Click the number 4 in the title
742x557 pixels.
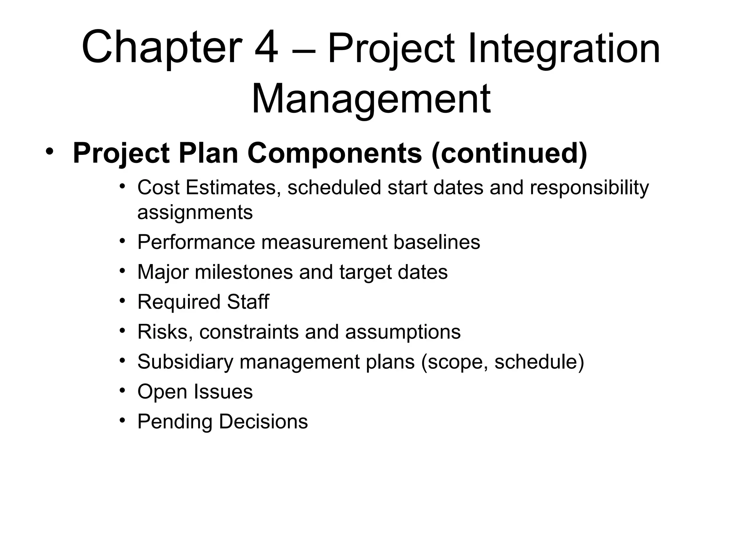click(266, 48)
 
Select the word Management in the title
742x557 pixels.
click(371, 99)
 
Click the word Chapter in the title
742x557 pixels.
click(162, 48)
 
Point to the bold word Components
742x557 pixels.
click(335, 153)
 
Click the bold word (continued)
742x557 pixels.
click(509, 153)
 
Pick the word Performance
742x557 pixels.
click(196, 242)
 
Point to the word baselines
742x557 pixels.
click(437, 242)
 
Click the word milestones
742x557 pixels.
click(243, 272)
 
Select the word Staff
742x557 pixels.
click(248, 302)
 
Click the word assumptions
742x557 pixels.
click(403, 331)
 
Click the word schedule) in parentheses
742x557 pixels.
click(539, 362)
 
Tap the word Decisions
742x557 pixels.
click(263, 421)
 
